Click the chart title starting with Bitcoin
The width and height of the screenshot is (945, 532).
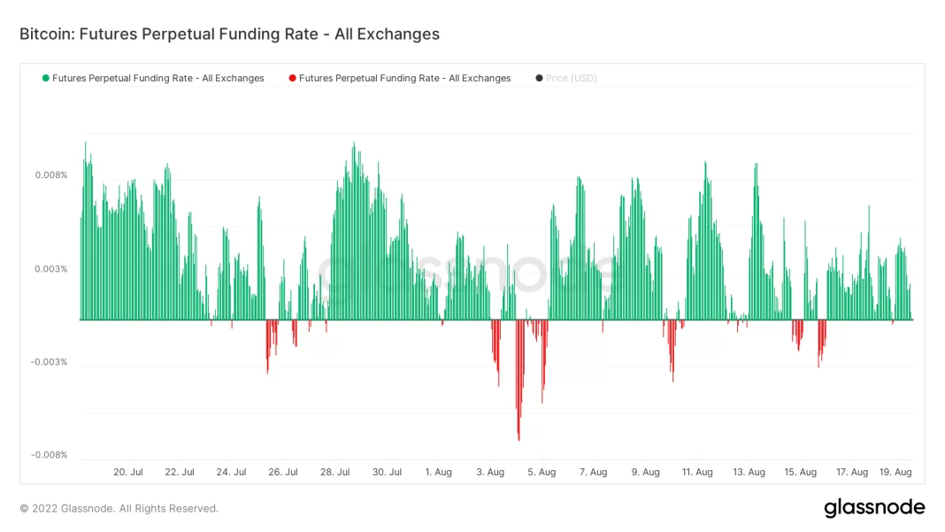(229, 35)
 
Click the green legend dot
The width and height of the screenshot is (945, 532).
(45, 78)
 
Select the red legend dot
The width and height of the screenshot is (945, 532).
(292, 78)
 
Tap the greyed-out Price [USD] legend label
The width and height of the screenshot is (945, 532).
(572, 78)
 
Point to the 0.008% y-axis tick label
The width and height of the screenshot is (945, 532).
(50, 175)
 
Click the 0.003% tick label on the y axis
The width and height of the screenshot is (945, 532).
(50, 269)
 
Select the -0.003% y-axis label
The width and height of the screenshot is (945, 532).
(49, 362)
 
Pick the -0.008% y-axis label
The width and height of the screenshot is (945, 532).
(49, 455)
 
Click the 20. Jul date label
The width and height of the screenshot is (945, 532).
(128, 472)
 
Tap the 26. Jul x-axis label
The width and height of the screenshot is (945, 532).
(283, 472)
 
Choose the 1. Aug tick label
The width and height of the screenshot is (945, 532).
(439, 472)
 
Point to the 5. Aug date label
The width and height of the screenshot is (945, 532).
(542, 472)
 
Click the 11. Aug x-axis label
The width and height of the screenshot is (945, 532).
(697, 472)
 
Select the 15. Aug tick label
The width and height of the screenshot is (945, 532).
(801, 472)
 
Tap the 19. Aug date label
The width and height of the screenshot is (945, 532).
(896, 472)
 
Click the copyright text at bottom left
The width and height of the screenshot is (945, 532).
(119, 509)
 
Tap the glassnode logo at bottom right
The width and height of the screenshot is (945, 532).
(874, 508)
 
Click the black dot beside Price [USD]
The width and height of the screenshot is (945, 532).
(539, 78)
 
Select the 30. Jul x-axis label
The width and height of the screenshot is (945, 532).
(387, 472)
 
